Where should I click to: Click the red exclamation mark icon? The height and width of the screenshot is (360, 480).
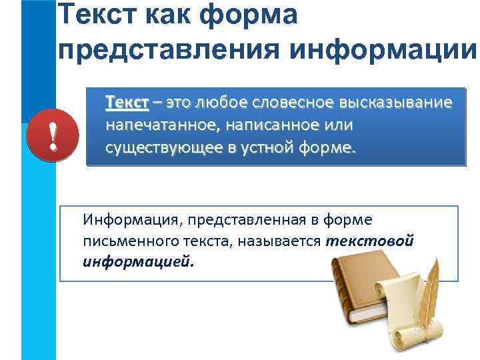click(52, 137)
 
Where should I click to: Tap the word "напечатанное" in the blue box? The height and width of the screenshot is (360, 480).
click(151, 125)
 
